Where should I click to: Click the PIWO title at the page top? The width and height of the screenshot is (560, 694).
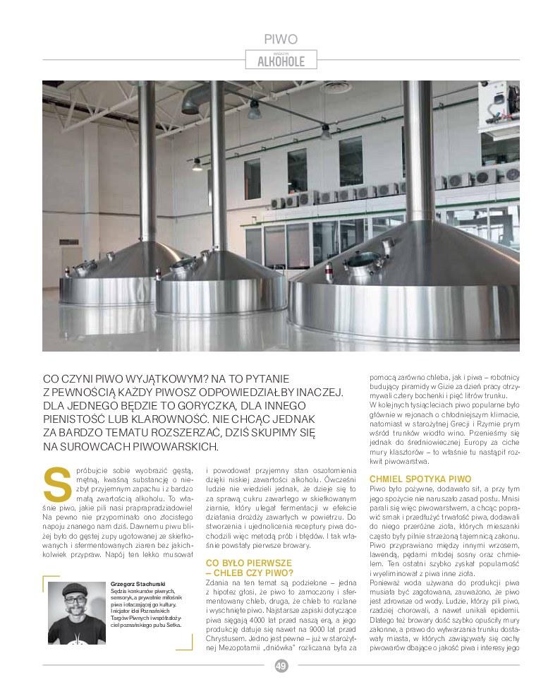tap(280, 40)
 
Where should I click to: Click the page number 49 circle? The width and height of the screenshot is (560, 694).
tap(280, 665)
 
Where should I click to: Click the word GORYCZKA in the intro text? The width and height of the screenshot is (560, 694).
tap(237, 405)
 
